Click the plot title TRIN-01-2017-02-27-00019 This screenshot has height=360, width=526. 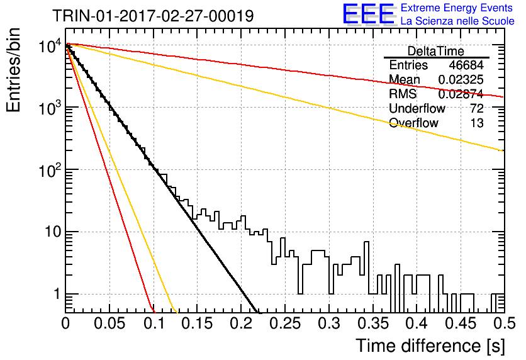click(x=153, y=16)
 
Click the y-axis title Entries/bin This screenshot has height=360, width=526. click(x=13, y=70)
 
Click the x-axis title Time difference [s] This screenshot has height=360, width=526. click(x=430, y=346)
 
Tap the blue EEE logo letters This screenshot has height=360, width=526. click(x=368, y=14)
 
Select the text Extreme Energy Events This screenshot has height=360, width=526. click(x=457, y=8)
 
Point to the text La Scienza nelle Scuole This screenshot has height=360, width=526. click(x=457, y=21)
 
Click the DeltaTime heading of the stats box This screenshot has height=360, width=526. click(x=436, y=51)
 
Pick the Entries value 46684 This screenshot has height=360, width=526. click(x=466, y=65)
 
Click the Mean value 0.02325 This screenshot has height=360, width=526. click(x=461, y=79)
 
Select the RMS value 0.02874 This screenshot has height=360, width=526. click(x=461, y=94)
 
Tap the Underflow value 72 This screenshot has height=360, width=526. click(x=477, y=108)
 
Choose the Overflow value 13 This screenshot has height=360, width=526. click(x=477, y=123)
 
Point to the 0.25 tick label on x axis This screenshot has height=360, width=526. click(x=285, y=323)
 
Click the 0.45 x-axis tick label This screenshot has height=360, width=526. click(x=461, y=323)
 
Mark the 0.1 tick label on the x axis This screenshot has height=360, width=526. click(x=154, y=323)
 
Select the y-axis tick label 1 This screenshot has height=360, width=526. click(x=57, y=295)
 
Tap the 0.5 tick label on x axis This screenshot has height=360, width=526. click(x=505, y=323)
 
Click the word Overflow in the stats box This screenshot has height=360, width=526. click(x=413, y=123)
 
